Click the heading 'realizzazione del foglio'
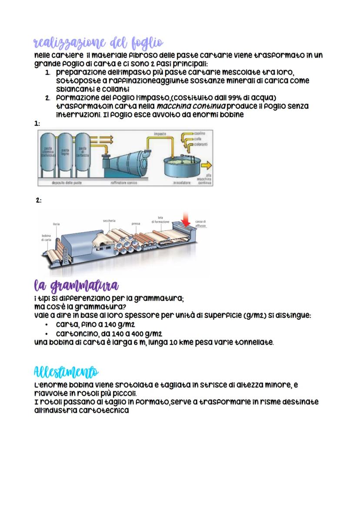[x=98, y=43]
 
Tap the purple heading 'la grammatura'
[x=77, y=287]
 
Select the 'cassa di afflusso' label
[x=200, y=224]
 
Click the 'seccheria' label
[x=109, y=221]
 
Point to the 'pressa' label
[x=136, y=224]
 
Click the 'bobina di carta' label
[x=46, y=238]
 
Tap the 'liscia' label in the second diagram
[x=56, y=224]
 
